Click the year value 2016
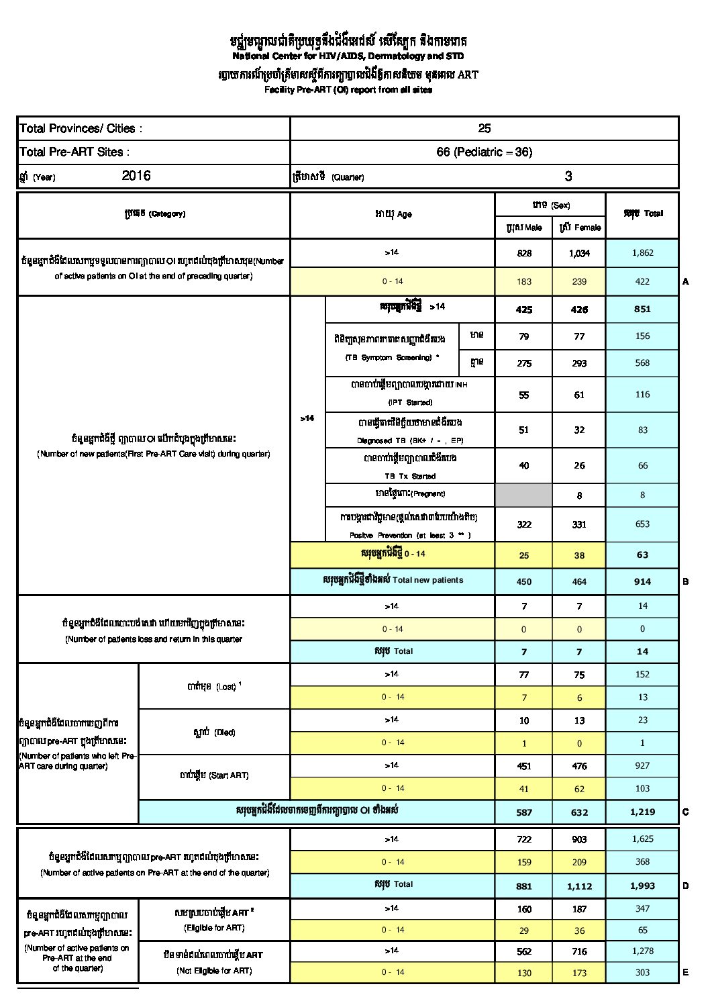click(x=136, y=176)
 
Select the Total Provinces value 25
click(x=485, y=128)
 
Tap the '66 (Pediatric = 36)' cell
click(x=485, y=152)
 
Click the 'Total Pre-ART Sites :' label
click(x=74, y=152)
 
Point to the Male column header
click(x=523, y=228)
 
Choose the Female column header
click(x=580, y=228)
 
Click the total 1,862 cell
click(x=642, y=253)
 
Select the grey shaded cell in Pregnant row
click(x=523, y=495)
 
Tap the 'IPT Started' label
click(x=410, y=402)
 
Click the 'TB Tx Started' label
click(x=410, y=476)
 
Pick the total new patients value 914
click(x=642, y=581)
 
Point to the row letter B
click(x=686, y=581)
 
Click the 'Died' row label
click(x=214, y=732)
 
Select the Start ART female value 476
click(x=580, y=766)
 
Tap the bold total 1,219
click(x=642, y=812)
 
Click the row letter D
click(x=686, y=886)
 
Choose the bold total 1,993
click(x=642, y=886)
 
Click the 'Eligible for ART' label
click(x=214, y=928)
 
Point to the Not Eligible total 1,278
click(x=642, y=951)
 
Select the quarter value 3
click(x=568, y=176)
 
